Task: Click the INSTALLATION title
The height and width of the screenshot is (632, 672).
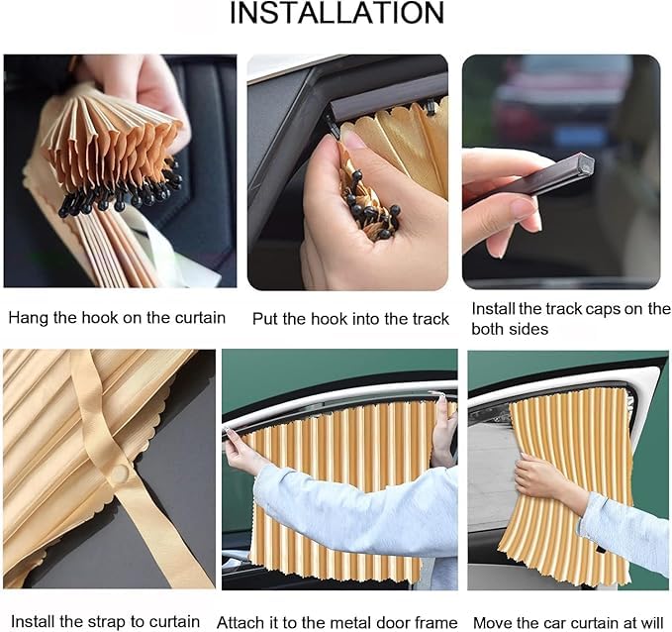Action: coord(336,13)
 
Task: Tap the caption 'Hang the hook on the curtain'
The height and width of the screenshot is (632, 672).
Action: coord(117,318)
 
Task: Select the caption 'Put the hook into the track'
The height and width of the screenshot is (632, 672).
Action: coord(350,318)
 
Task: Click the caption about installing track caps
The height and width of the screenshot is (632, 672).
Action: coord(570,318)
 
